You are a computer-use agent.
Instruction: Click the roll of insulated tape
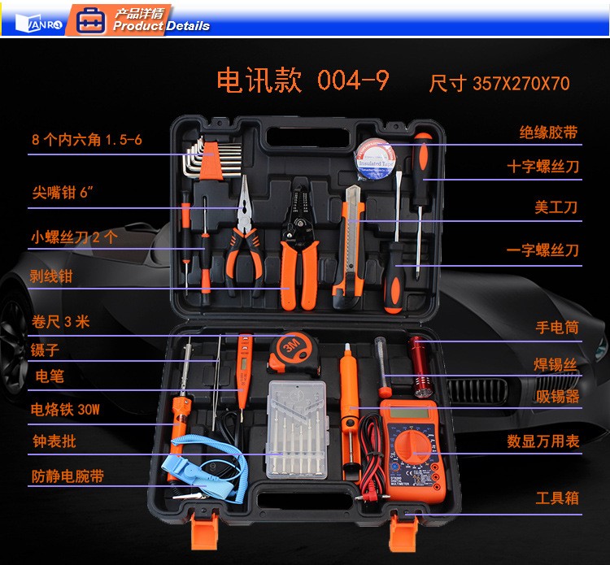375,159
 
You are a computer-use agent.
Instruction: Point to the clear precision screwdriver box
297,430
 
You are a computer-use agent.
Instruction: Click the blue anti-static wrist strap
203,467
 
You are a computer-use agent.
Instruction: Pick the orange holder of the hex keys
211,161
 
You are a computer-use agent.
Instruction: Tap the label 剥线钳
51,276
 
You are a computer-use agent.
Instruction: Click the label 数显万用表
543,441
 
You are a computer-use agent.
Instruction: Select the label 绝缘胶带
548,133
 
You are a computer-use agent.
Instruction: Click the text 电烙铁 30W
65,409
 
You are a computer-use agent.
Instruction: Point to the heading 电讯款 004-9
303,80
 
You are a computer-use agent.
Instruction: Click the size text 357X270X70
521,83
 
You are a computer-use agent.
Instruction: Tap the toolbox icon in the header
90,20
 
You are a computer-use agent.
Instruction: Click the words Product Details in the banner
162,26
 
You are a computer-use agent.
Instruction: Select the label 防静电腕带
68,476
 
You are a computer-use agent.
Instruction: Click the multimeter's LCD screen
409,412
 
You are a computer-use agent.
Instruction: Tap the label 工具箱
557,498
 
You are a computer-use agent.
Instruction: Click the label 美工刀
556,206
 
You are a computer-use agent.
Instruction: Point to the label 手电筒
557,327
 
